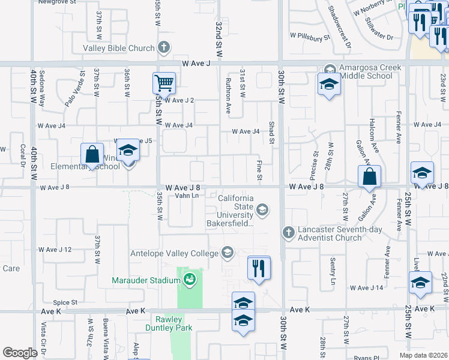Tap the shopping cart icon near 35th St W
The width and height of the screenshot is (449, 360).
(x=163, y=83)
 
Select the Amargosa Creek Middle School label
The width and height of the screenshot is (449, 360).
(x=366, y=72)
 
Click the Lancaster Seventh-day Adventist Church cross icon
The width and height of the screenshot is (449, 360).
(x=288, y=232)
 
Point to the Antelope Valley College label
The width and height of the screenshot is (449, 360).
(x=174, y=253)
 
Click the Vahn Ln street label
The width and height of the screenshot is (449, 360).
(x=187, y=196)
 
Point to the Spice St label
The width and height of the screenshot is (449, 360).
(x=65, y=302)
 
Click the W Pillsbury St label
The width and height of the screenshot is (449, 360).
(x=310, y=36)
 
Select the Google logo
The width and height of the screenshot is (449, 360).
(x=20, y=353)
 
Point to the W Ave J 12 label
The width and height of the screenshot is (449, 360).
(x=55, y=250)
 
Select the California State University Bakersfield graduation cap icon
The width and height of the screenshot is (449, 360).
(x=262, y=209)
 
